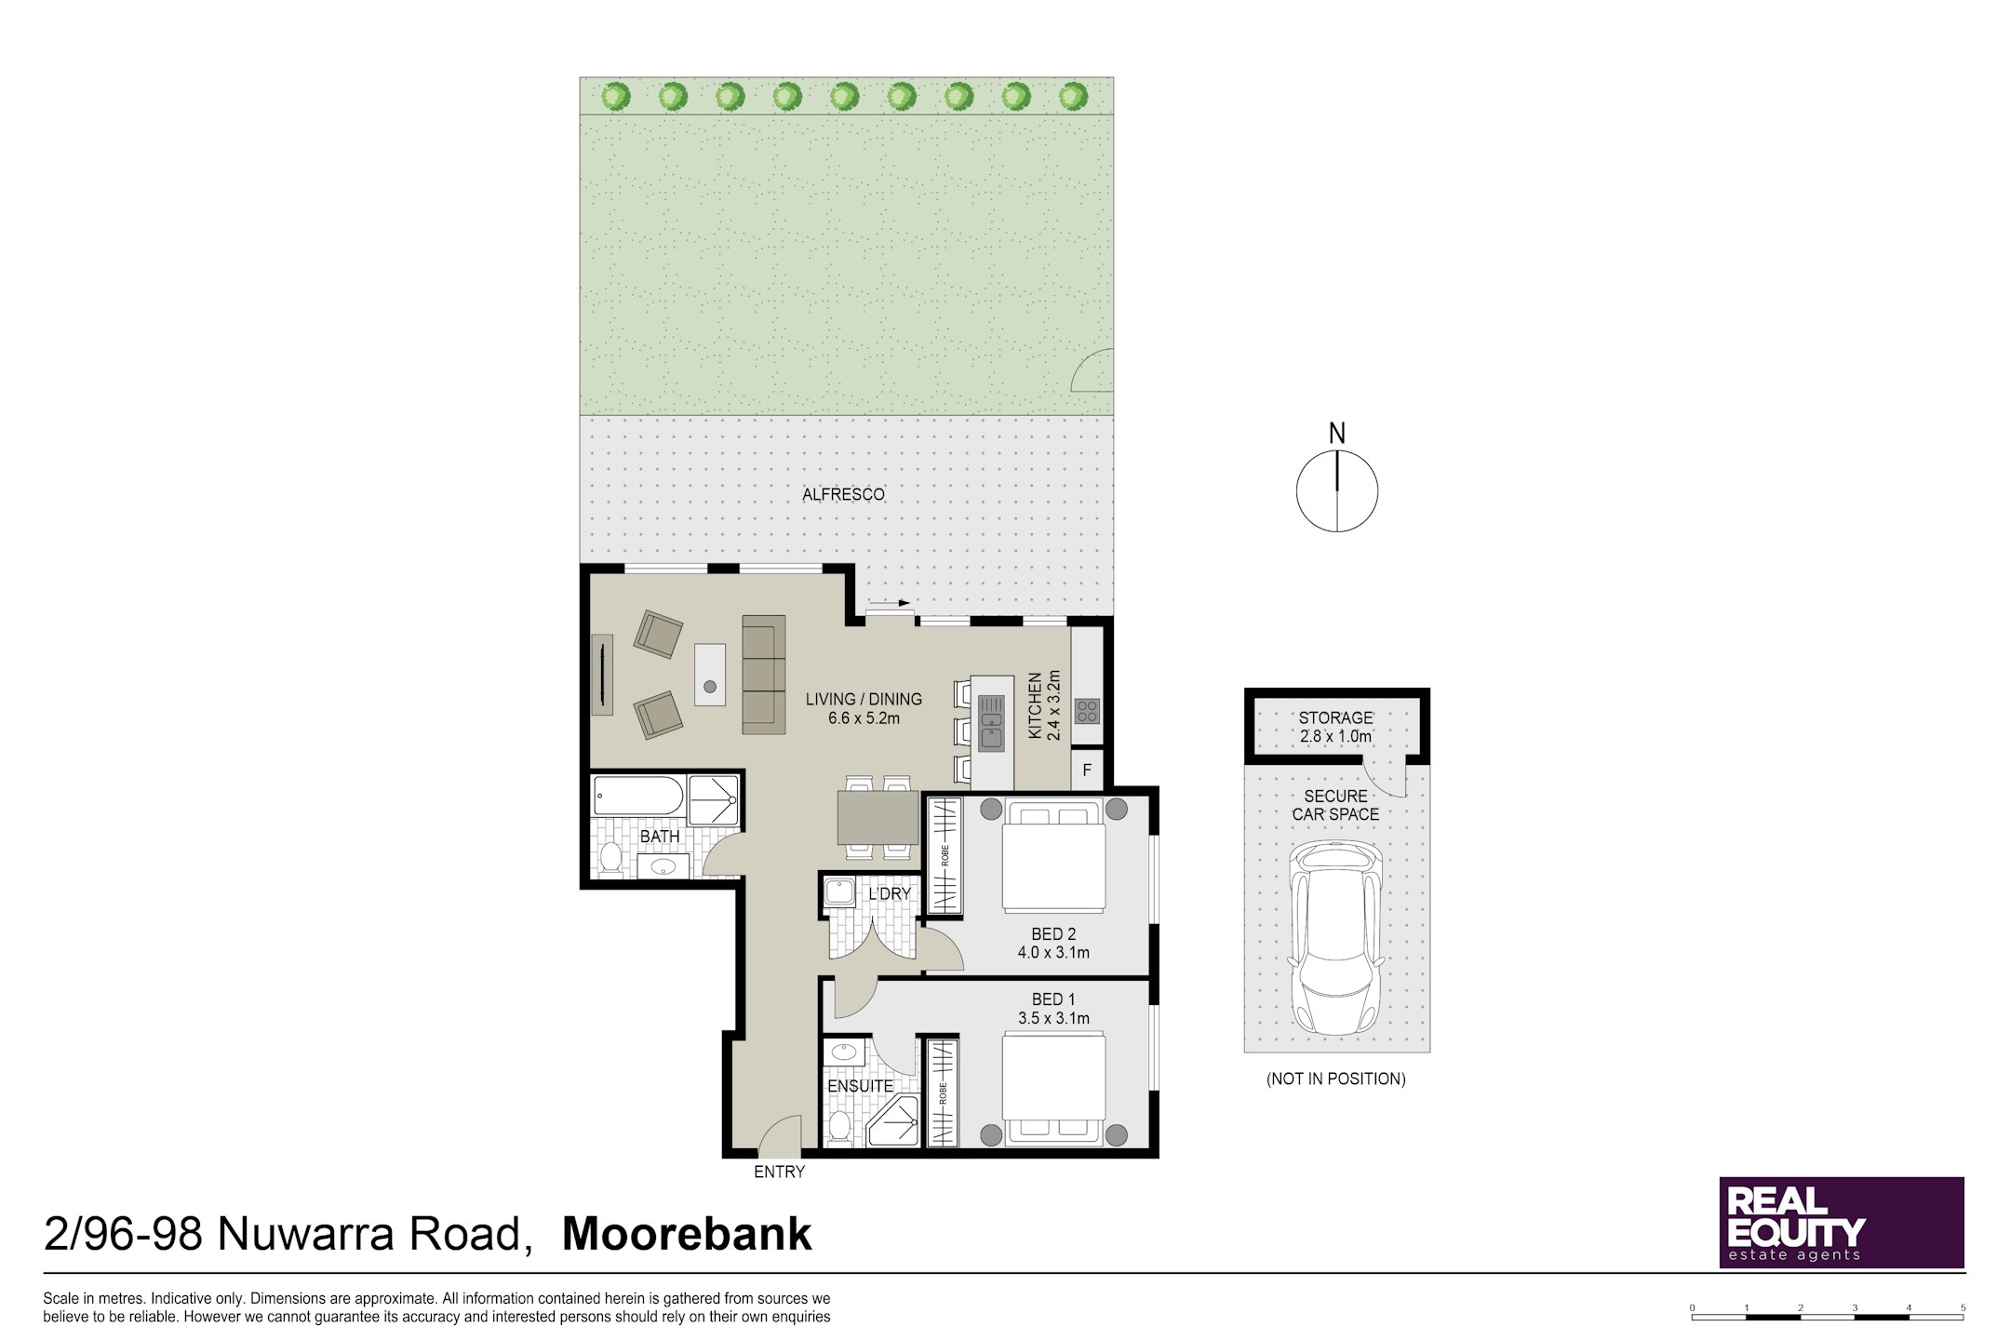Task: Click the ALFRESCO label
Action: click(x=843, y=494)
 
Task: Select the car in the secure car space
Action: click(x=1335, y=937)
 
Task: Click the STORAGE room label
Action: click(x=1336, y=717)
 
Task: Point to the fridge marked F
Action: click(x=1086, y=770)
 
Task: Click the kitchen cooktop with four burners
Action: click(x=1087, y=711)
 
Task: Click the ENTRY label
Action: click(x=779, y=1172)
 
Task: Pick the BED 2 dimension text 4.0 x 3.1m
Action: click(x=1053, y=952)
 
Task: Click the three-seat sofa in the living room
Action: click(x=764, y=675)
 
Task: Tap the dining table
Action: click(x=878, y=817)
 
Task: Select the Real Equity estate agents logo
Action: click(x=1842, y=1222)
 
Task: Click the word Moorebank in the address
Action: click(x=687, y=1234)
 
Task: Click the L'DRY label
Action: click(x=890, y=893)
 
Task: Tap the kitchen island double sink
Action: click(x=991, y=724)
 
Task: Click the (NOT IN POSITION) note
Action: click(x=1335, y=1079)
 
